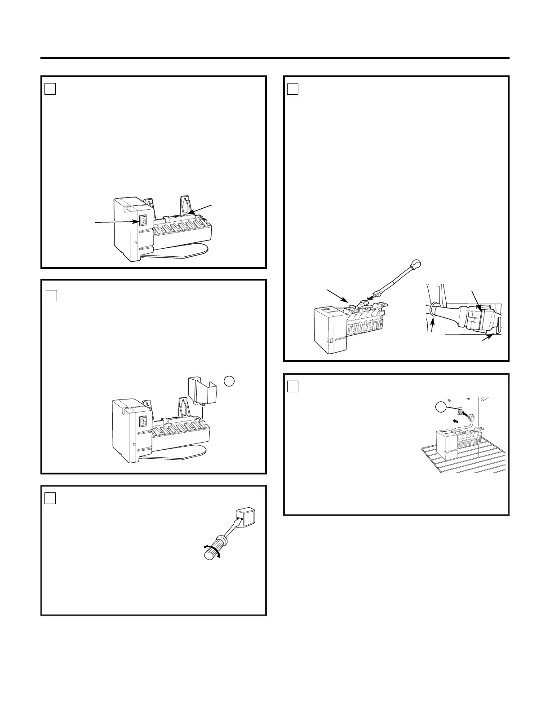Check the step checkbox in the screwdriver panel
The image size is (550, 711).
[x=50, y=498]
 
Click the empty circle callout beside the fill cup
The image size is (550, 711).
[x=229, y=381]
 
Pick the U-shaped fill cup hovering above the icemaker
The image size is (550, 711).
[x=201, y=390]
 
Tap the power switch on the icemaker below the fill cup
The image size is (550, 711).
[x=143, y=421]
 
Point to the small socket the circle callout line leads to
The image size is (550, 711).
[x=459, y=410]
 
